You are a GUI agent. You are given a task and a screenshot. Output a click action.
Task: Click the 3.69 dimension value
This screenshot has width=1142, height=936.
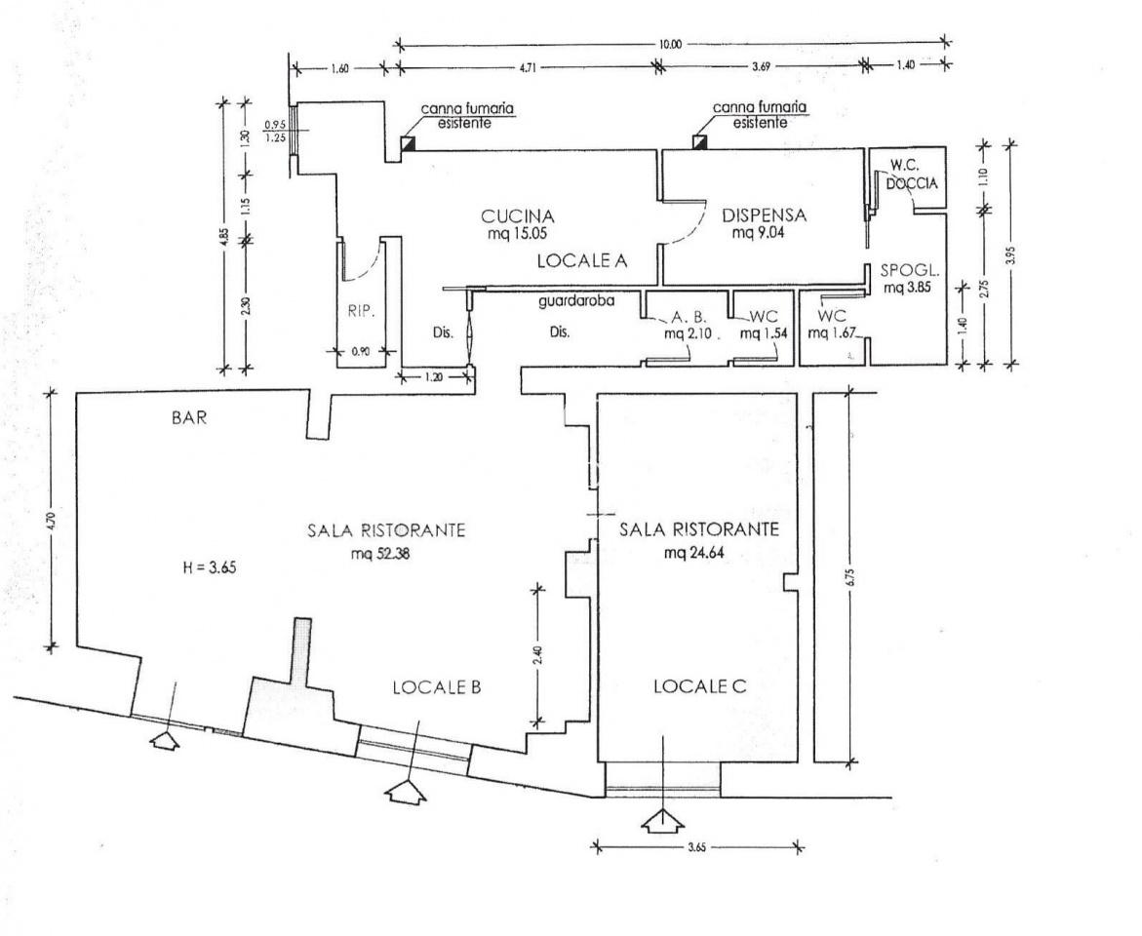click(x=760, y=68)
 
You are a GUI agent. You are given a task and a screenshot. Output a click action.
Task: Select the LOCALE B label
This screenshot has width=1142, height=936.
click(x=437, y=686)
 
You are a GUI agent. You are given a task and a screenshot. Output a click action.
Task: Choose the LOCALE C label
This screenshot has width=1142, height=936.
click(x=699, y=685)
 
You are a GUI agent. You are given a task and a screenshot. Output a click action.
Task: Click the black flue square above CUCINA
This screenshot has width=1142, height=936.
click(x=410, y=143)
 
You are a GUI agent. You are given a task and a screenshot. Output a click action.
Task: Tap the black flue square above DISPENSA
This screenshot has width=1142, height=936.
click(x=699, y=143)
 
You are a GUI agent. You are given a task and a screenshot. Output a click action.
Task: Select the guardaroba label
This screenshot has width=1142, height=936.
click(x=576, y=301)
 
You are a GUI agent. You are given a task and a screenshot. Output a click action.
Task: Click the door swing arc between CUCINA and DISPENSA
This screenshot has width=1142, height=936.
click(x=692, y=229)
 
